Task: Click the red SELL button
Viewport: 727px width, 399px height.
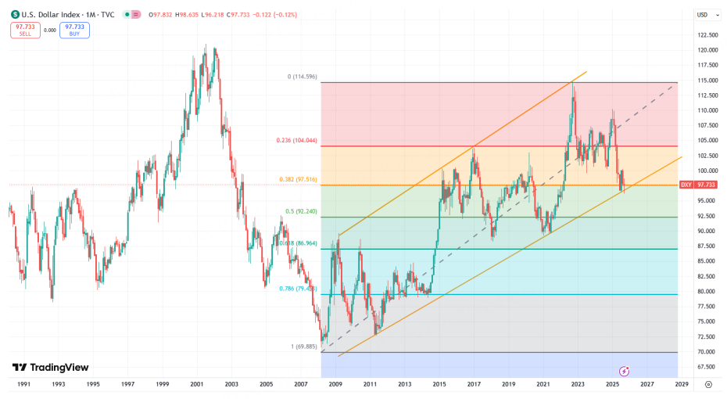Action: click(x=25, y=30)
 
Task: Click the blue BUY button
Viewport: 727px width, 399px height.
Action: click(x=74, y=30)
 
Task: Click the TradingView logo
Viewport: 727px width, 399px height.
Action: click(x=50, y=368)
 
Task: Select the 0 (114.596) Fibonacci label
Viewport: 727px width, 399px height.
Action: click(x=302, y=77)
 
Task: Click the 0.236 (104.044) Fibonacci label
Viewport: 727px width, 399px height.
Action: click(x=297, y=141)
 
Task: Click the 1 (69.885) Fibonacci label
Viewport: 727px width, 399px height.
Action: click(x=301, y=347)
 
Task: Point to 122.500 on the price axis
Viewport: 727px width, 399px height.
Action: click(x=707, y=35)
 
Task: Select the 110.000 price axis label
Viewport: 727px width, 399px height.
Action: click(x=707, y=110)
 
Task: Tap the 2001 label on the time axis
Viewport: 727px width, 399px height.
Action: click(x=196, y=384)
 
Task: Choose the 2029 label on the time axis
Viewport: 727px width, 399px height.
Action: click(x=682, y=384)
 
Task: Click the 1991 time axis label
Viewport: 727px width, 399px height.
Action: click(x=23, y=384)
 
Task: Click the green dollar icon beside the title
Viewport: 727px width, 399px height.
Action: click(x=14, y=15)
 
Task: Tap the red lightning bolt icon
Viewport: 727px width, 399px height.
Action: click(x=625, y=369)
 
